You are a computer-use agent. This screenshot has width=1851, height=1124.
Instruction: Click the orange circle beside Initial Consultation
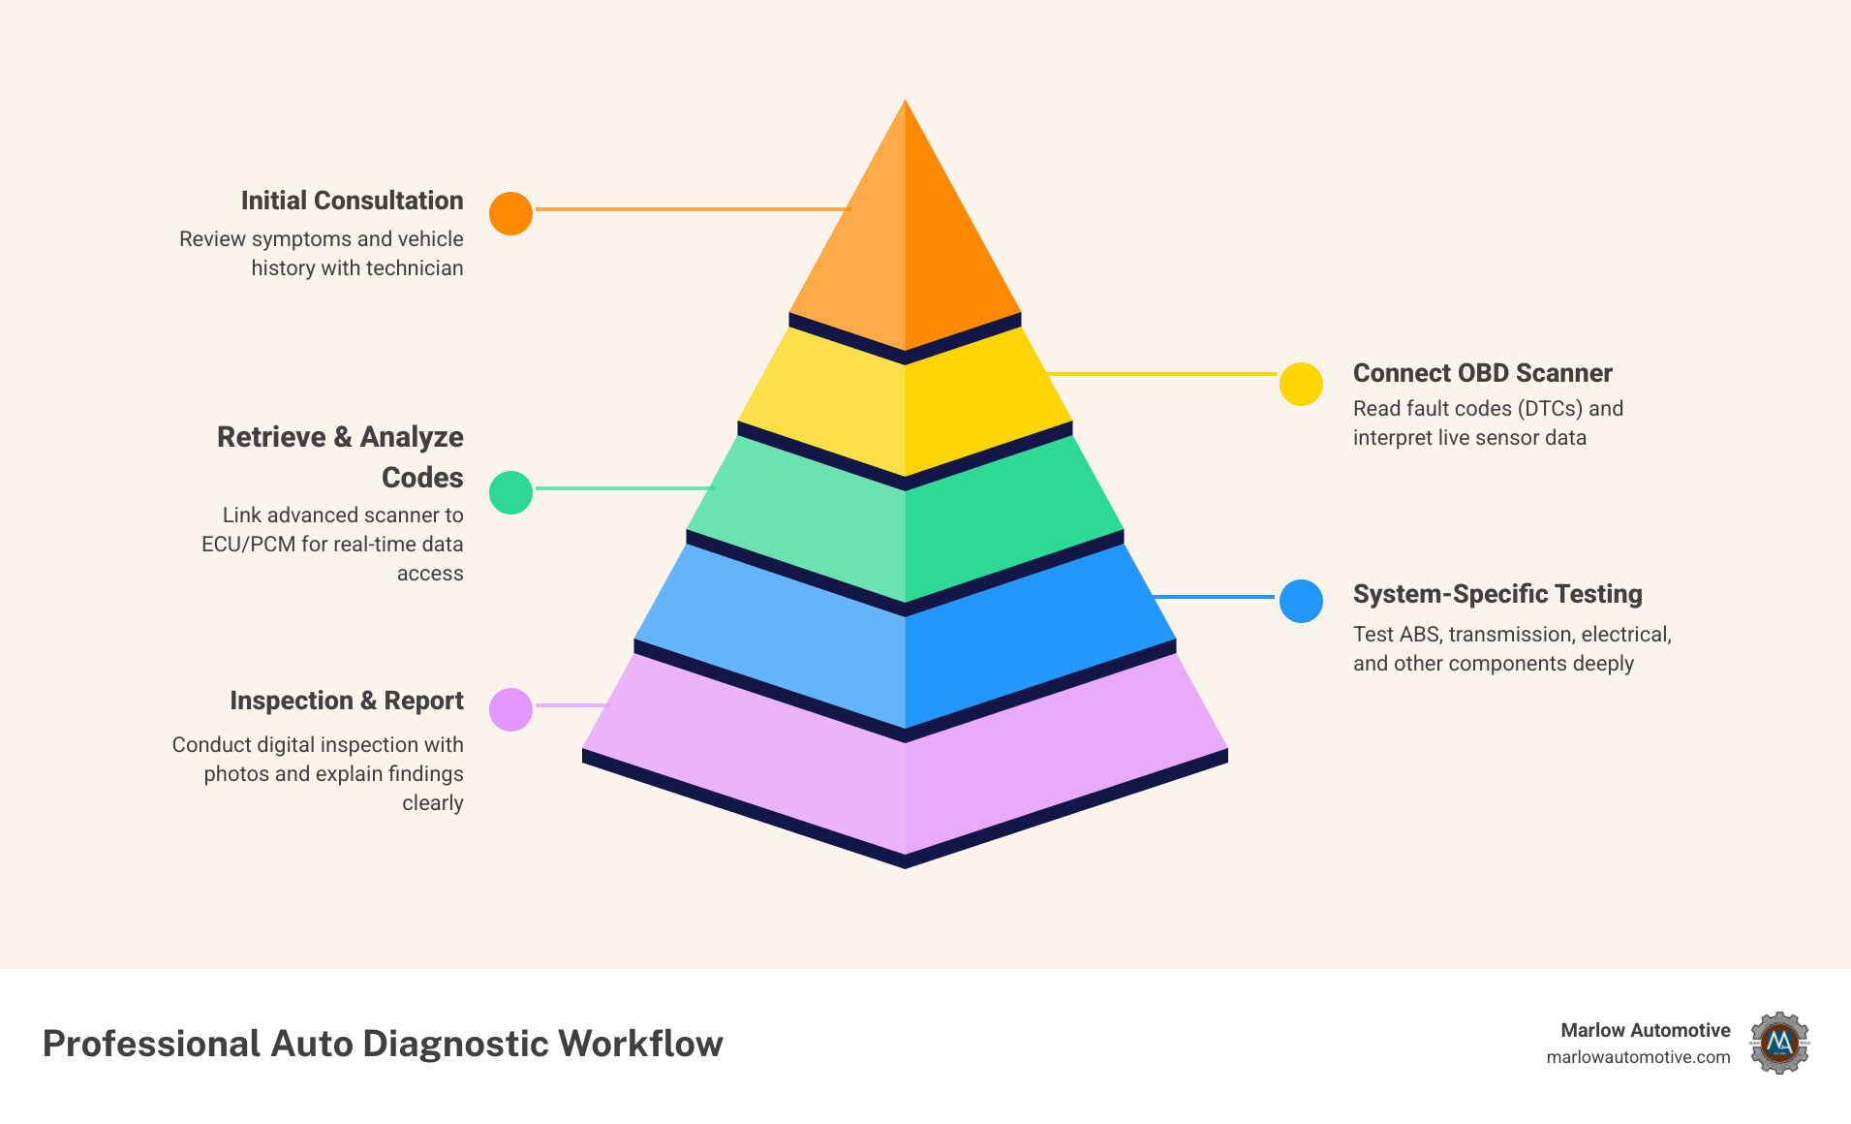click(510, 213)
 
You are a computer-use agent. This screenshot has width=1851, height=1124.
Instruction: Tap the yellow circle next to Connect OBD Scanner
click(1301, 385)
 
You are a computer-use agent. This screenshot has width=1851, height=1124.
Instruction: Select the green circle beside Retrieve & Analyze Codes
click(510, 492)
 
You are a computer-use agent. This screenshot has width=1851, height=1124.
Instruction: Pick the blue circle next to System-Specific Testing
click(1301, 601)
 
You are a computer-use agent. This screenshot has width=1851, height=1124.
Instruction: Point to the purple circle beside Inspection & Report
click(510, 709)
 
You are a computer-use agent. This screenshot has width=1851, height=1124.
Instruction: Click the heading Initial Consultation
click(352, 201)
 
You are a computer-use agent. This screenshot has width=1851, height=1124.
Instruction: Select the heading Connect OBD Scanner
click(1482, 373)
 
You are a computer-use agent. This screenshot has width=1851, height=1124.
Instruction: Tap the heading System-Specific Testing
click(1497, 594)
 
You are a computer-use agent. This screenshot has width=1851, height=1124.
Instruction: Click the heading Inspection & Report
click(346, 701)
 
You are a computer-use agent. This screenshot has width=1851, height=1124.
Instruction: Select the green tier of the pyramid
click(905, 528)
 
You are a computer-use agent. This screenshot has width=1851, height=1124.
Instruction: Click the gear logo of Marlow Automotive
click(1779, 1043)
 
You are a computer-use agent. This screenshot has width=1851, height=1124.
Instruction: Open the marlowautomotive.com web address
click(1638, 1057)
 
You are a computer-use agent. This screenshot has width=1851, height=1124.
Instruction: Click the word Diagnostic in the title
click(455, 1044)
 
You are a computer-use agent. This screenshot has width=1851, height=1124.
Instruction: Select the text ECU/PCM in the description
click(248, 545)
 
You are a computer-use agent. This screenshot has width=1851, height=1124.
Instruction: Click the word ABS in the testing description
click(1418, 635)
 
